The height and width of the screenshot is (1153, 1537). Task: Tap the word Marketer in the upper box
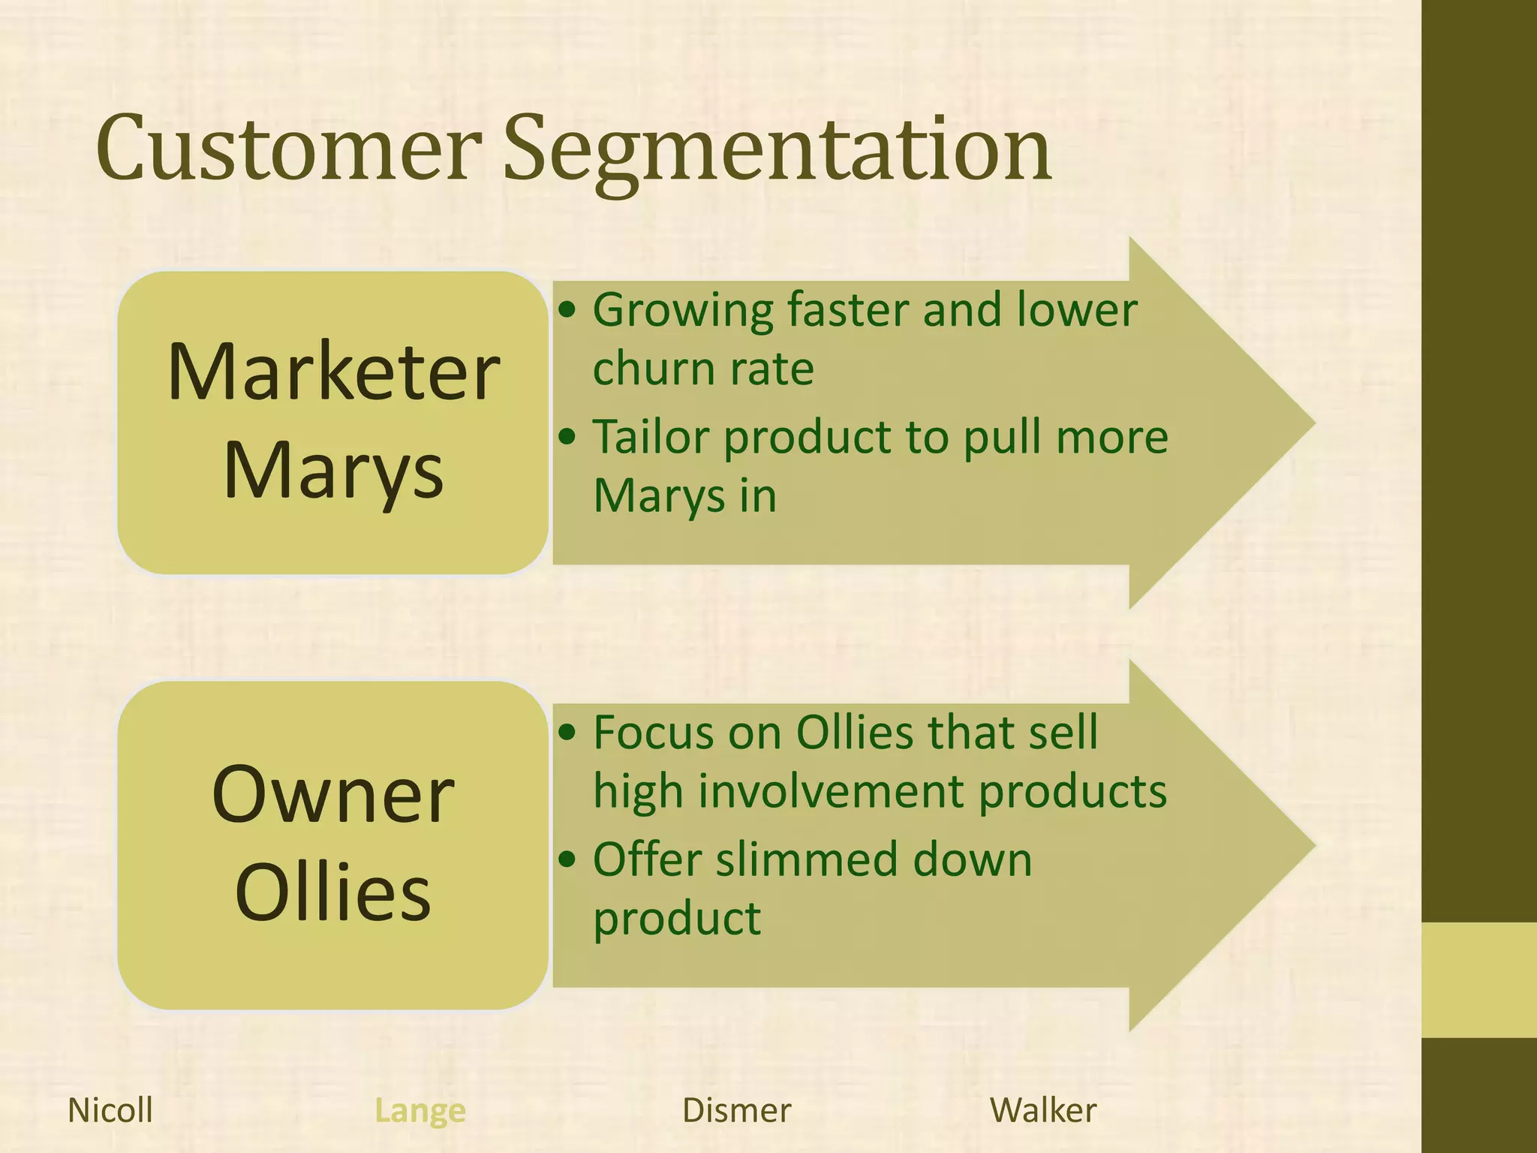click(333, 373)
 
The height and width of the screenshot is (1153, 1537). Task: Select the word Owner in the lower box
click(333, 796)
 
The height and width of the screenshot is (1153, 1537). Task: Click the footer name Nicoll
click(110, 1110)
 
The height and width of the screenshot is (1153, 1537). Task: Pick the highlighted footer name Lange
click(420, 1110)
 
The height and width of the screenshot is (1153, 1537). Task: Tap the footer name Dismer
click(736, 1110)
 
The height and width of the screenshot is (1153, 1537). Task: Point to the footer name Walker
click(1043, 1110)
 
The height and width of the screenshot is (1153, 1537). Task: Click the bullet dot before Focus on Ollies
click(568, 732)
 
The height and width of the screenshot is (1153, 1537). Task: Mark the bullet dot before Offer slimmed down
click(568, 859)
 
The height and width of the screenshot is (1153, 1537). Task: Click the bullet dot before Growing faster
click(568, 309)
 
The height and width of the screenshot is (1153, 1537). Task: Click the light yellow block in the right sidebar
click(1478, 980)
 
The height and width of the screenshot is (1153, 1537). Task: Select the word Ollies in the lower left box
click(333, 893)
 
